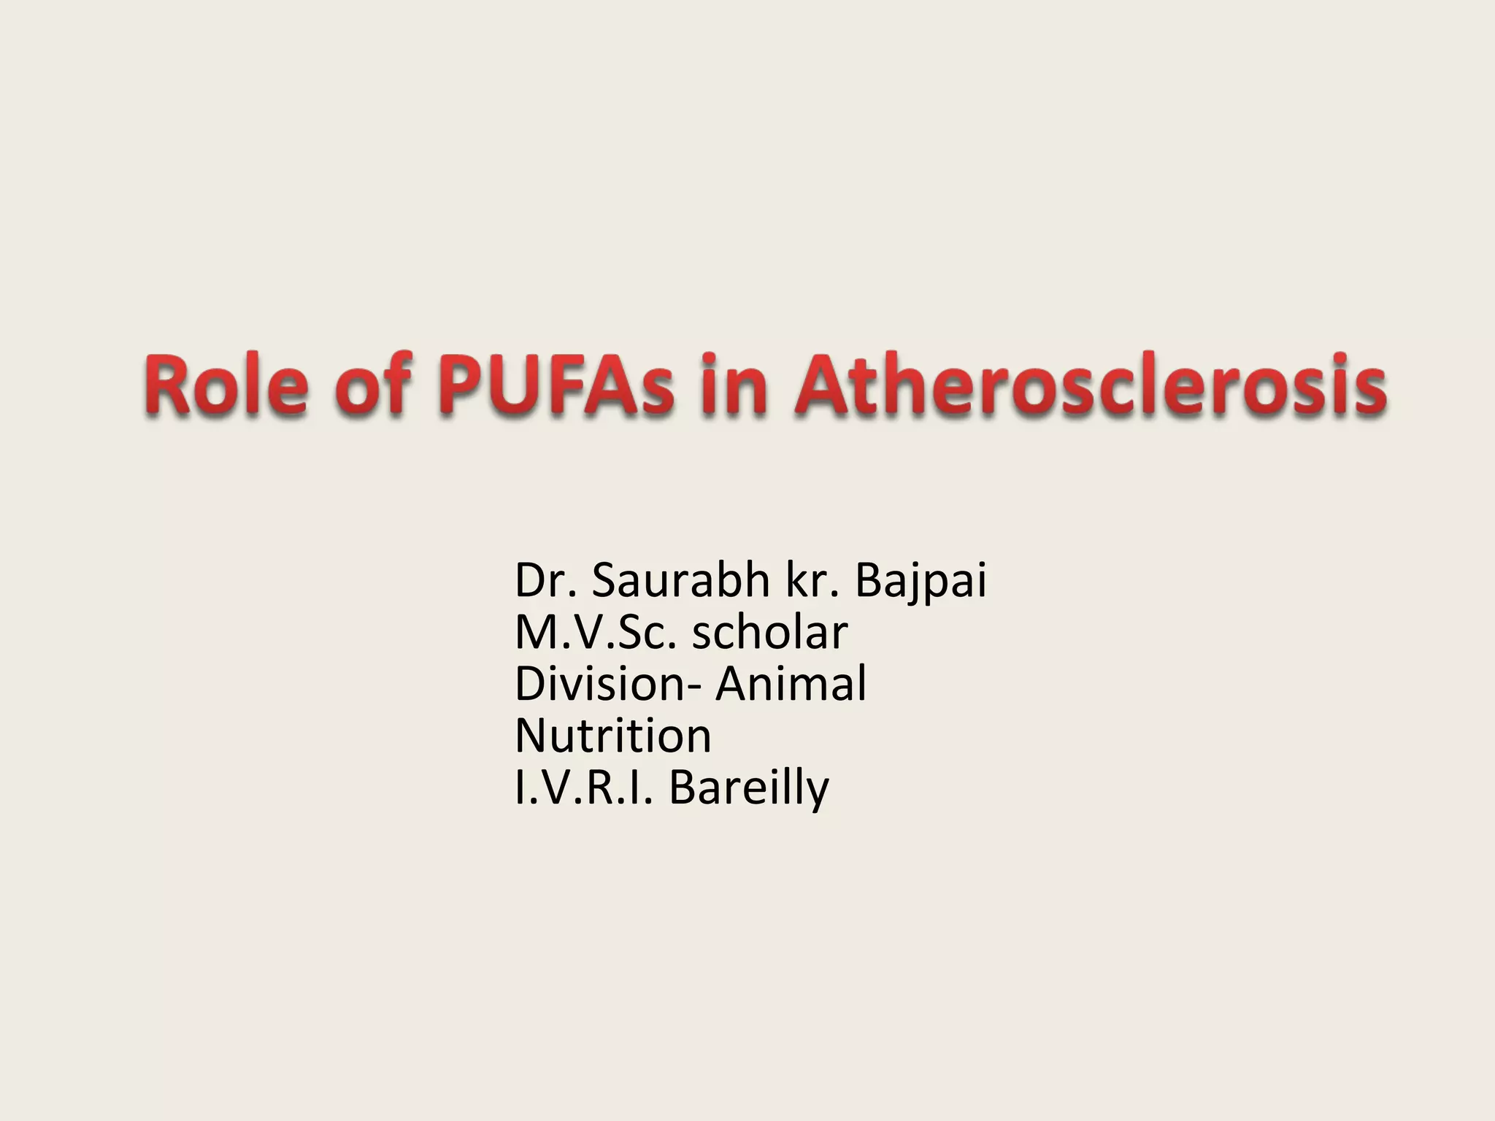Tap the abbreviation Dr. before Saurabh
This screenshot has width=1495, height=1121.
coord(547,581)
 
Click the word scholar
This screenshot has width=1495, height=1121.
coord(770,633)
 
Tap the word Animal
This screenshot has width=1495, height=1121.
coord(791,685)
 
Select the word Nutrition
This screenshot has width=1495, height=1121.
coord(613,736)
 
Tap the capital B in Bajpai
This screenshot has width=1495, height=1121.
coord(869,581)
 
